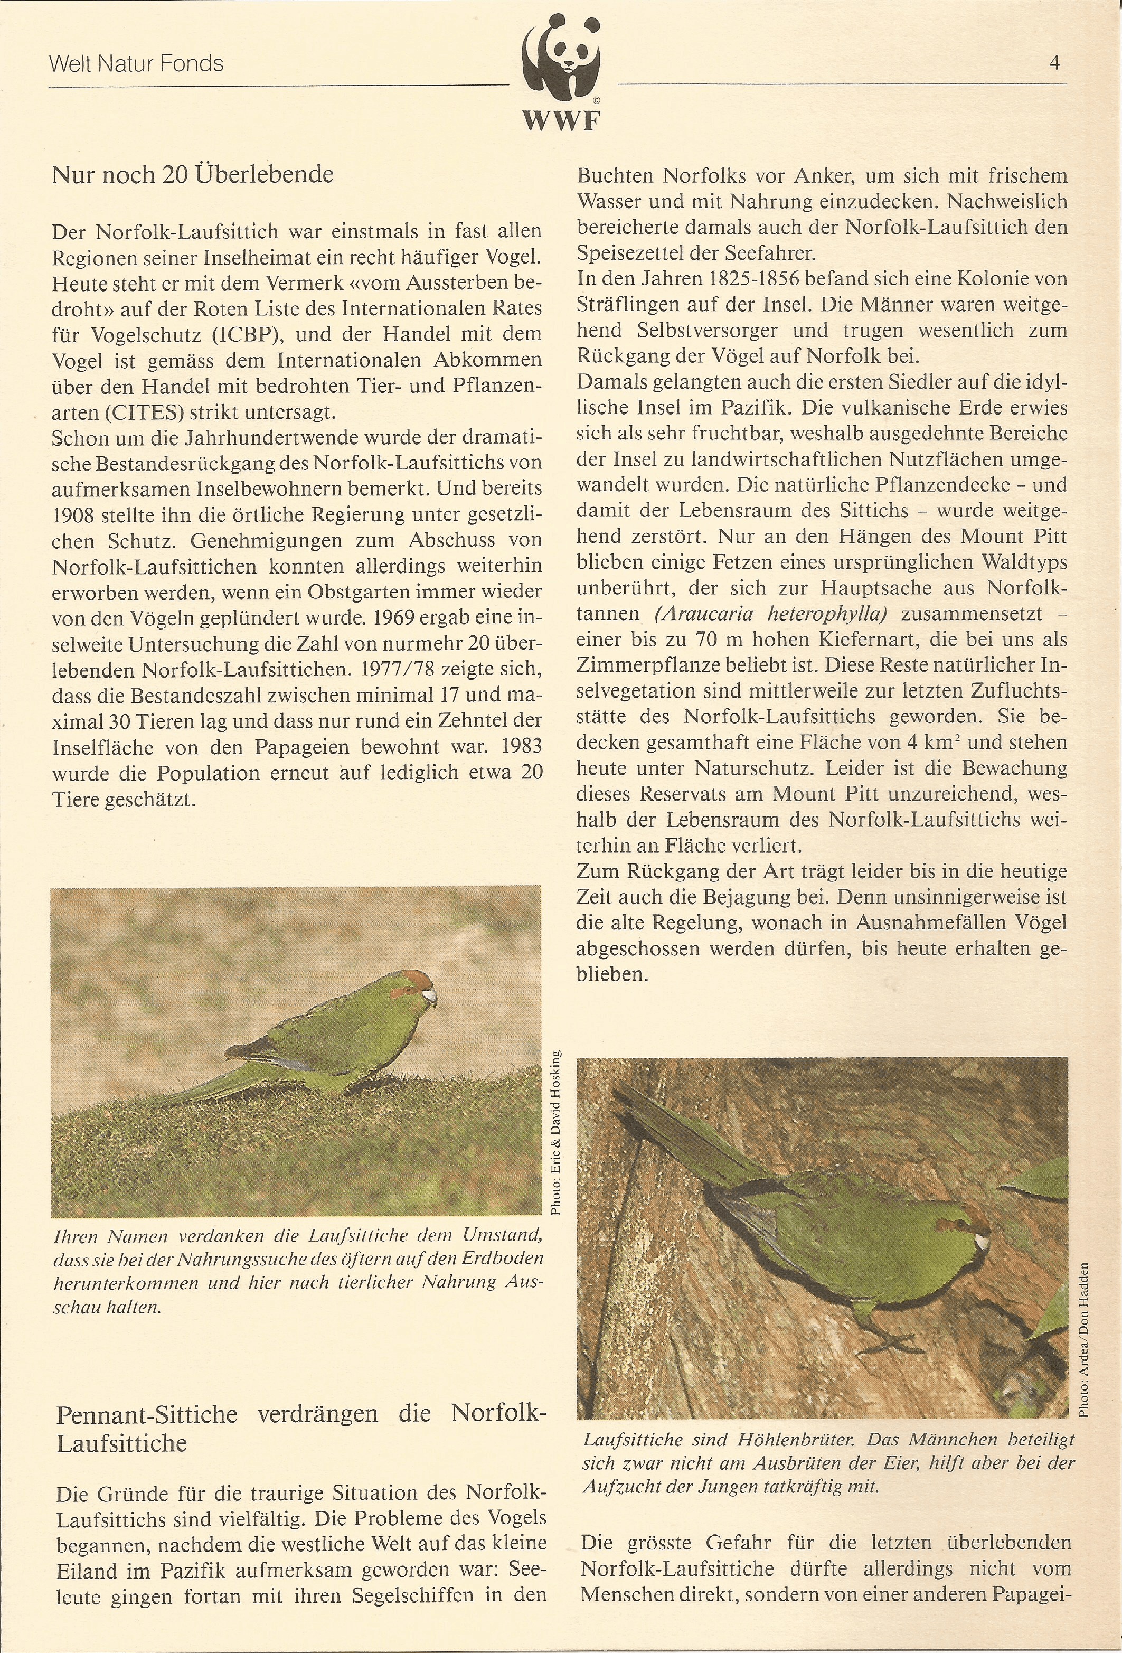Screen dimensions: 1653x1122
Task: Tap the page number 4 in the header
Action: (1054, 63)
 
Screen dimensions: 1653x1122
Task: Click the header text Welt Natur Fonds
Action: (136, 64)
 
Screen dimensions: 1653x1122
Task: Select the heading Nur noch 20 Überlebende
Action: (193, 175)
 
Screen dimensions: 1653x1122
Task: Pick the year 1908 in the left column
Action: (74, 515)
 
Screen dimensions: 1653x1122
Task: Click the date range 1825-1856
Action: (759, 279)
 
